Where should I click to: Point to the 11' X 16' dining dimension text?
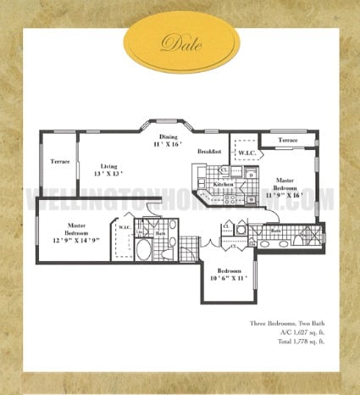[169, 145]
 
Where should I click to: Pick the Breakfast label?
[209, 152]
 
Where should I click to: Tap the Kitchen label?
[223, 183]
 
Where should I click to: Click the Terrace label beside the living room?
[59, 161]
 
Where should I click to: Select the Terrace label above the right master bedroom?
[289, 140]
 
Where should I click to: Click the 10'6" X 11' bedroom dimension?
[230, 278]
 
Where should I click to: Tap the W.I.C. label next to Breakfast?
[247, 153]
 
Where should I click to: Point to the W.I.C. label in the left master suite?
[123, 227]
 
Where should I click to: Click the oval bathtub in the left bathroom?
[143, 251]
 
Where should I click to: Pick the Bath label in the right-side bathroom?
[276, 230]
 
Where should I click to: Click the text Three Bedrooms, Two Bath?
[286, 325]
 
